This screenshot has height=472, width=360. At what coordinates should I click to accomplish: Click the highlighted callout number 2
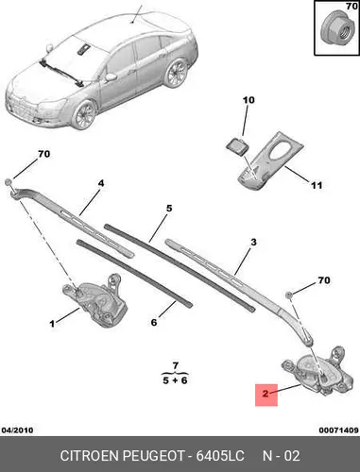pos(266,394)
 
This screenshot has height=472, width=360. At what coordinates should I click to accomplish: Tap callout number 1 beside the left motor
pos(52,323)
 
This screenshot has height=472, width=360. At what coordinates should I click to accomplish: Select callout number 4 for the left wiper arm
pos(101,183)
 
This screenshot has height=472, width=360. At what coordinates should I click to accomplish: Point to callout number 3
pos(253,242)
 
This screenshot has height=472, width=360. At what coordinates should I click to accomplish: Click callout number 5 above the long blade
pos(169,208)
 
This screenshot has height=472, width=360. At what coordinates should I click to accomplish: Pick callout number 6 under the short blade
pos(154,322)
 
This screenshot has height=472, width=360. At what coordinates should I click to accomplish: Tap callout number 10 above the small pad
pos(249,100)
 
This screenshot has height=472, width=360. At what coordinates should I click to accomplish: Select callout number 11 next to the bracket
pos(317,185)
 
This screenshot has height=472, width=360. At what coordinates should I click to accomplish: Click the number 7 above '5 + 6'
pos(176,365)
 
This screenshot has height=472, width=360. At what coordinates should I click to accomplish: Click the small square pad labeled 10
pos(237,146)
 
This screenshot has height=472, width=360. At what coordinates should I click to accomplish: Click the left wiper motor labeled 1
pos(95,300)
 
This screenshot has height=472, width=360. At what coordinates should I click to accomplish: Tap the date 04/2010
pos(17,430)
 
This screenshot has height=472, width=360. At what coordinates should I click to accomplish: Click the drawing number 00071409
pos(338,430)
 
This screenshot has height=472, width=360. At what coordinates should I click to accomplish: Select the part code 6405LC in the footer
pos(220,455)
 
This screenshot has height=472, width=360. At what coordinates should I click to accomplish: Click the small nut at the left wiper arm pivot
pos(9,182)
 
